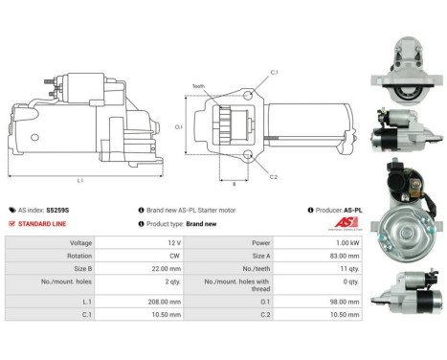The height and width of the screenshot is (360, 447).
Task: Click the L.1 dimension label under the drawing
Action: point(79,180)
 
